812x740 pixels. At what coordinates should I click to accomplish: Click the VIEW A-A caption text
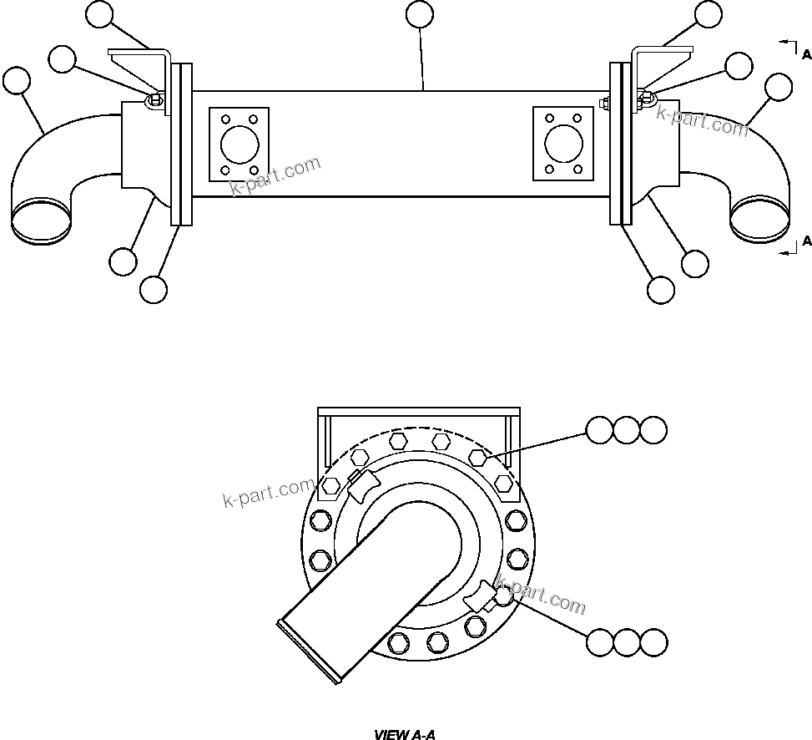pyautogui.click(x=405, y=735)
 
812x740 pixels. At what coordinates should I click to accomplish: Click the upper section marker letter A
pyautogui.click(x=806, y=55)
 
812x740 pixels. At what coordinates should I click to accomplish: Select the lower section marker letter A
pyautogui.click(x=806, y=241)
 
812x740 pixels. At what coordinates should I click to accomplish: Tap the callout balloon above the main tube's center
pyautogui.click(x=419, y=14)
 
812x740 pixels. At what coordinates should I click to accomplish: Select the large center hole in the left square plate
pyautogui.click(x=239, y=143)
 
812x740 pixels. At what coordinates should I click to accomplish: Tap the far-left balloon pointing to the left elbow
pyautogui.click(x=16, y=81)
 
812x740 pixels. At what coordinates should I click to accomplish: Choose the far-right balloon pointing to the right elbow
pyautogui.click(x=779, y=86)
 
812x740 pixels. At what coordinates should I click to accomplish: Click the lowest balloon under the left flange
pyautogui.click(x=154, y=290)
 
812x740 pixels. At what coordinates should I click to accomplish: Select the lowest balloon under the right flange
pyautogui.click(x=661, y=289)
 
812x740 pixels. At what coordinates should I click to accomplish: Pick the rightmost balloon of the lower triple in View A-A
pyautogui.click(x=653, y=642)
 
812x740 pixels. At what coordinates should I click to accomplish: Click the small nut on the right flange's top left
pyautogui.click(x=604, y=104)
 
